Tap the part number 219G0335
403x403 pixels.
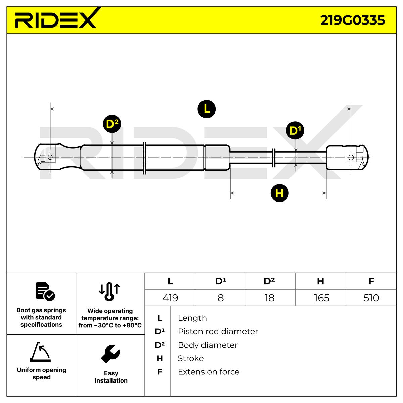tap(352, 20)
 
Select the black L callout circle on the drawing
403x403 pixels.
tap(206, 109)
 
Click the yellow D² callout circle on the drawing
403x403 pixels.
tap(112, 124)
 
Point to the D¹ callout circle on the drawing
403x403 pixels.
tap(295, 130)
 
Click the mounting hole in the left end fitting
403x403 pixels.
tap(50, 157)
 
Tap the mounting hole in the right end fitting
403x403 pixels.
tap(351, 158)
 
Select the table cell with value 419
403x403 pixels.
tap(170, 298)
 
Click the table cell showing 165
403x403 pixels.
tap(321, 298)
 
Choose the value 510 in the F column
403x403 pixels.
tap(371, 298)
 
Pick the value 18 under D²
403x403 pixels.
tap(269, 298)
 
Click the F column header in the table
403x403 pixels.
tap(371, 281)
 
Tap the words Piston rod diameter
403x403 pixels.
tap(218, 331)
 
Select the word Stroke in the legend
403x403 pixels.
tap(190, 358)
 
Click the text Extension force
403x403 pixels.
tap(209, 372)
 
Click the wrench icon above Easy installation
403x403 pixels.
tap(110, 354)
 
